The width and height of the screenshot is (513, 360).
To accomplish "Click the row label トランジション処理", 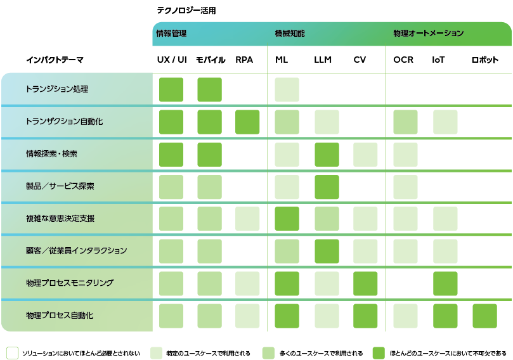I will point(56,89).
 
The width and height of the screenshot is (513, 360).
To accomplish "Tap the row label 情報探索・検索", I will point(52,154).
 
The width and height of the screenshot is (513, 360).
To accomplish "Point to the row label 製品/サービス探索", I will point(60,186).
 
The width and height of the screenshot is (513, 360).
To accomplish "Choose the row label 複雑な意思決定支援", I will point(60,218).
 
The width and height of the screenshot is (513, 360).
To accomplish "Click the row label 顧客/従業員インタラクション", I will point(76,251).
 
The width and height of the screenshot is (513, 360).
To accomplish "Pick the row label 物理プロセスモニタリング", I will point(69,283).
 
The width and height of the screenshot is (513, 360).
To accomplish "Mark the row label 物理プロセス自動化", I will point(60,315).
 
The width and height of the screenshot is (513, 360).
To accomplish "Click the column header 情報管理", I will point(171,34).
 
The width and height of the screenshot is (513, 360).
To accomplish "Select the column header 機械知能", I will point(290,34).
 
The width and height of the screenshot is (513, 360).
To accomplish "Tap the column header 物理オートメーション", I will point(429,34).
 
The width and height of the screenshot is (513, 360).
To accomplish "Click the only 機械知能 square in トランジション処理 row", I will point(287,89).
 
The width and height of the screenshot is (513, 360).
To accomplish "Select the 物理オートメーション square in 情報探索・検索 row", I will point(405,154).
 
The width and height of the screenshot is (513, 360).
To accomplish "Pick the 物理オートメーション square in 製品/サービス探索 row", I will point(405,186).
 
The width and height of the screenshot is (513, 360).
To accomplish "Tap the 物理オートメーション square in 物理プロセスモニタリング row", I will point(445,283).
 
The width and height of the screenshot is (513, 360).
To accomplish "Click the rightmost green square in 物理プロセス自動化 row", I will point(484,316).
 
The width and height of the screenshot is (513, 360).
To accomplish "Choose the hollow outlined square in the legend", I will point(13,352).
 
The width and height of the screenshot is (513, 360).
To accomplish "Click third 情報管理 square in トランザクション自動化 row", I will point(247,122).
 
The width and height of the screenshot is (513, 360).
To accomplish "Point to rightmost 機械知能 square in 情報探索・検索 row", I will point(365,154).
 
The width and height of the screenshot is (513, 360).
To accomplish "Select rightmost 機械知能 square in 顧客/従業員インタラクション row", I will point(365,251).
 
